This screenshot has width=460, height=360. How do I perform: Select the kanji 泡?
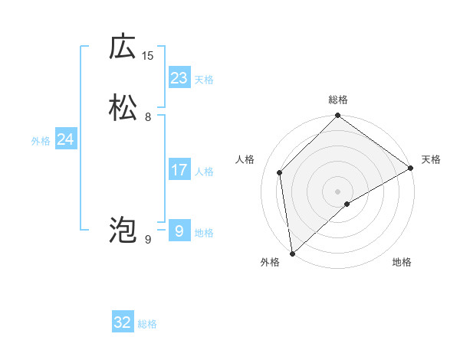coord(123,229)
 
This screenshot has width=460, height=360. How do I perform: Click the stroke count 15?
coord(148,55)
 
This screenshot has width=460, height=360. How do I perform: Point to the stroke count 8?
coord(148,117)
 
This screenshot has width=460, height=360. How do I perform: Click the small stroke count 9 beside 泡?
coord(148,240)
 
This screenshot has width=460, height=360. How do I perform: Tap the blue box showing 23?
coord(179,77)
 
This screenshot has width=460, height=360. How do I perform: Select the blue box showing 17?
coord(179,169)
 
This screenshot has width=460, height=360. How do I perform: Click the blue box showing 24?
coord(66,139)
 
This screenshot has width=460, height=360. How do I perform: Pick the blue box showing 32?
coord(123,322)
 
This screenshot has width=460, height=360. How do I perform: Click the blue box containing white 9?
coord(179,231)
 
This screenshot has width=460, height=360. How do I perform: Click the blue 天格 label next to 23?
coord(204,80)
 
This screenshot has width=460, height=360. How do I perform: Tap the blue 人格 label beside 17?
coord(204,172)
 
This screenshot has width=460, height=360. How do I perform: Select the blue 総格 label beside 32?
coord(147,325)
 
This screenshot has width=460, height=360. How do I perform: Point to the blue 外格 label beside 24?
coord(41,142)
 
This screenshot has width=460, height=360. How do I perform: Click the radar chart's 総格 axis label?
coord(338,100)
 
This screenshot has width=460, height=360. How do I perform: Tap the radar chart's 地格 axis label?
coord(402,263)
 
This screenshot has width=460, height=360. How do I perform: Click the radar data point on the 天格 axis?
coord(411,168)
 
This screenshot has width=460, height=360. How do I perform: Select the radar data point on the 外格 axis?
coord(292,253)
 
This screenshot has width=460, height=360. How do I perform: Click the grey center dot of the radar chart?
coord(338,191)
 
